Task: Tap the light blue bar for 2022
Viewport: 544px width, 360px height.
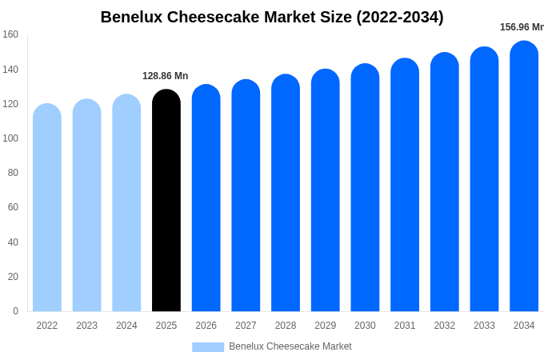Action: (x=47, y=207)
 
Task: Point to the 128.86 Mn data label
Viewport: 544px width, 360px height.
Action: (x=166, y=76)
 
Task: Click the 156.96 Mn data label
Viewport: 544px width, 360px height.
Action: (x=522, y=27)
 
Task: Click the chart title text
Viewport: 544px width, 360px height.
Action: (x=272, y=17)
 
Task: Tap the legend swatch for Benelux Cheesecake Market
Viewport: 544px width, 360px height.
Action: (x=208, y=347)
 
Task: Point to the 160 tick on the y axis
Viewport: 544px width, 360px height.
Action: (x=10, y=34)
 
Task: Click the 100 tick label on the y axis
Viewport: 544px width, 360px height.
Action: (x=10, y=138)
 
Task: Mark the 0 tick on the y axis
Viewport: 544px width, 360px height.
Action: (x=15, y=311)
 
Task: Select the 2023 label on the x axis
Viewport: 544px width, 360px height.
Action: (x=86, y=326)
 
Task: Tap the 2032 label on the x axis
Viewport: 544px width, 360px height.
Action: (x=445, y=326)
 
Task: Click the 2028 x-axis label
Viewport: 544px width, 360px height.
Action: (x=286, y=326)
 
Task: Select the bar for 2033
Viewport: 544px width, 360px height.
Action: (x=484, y=179)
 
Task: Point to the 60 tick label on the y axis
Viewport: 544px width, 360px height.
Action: (x=13, y=207)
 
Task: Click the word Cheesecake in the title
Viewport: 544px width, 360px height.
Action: (x=206, y=17)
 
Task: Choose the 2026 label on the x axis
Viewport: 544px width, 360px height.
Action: (x=206, y=326)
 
